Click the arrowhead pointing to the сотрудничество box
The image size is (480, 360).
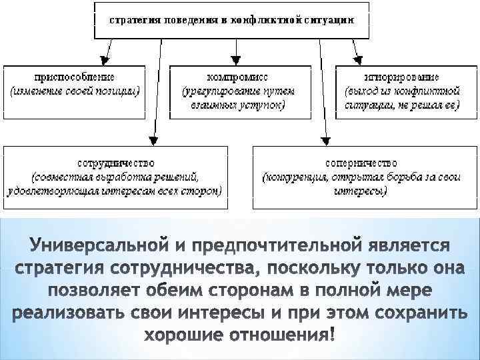153,140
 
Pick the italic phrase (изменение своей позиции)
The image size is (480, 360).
73,91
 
